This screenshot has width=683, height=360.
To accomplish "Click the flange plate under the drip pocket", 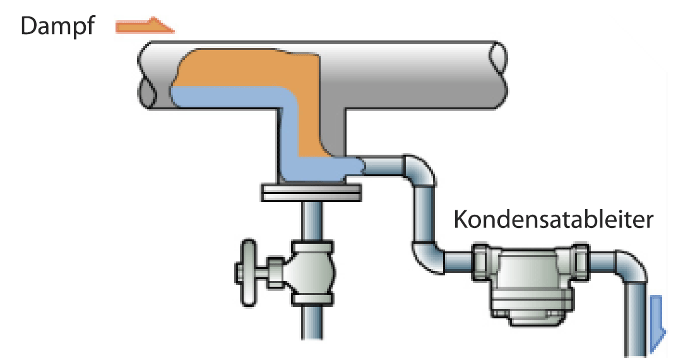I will (312, 192).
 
